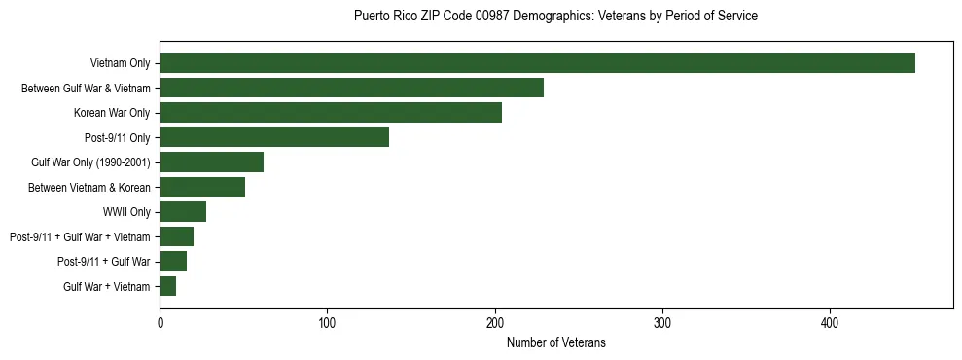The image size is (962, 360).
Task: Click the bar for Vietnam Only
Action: [x=537, y=63]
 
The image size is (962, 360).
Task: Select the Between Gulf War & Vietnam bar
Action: [x=351, y=88]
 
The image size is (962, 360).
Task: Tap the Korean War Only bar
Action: [x=331, y=113]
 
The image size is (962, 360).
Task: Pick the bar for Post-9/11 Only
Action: [x=274, y=137]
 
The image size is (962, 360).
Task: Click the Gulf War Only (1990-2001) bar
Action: [x=211, y=162]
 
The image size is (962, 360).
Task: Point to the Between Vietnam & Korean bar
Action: [x=202, y=187]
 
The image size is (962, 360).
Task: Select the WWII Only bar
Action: [x=183, y=212]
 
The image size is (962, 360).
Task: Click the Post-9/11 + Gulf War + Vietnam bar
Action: [x=176, y=236]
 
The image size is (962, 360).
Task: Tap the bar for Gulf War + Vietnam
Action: [x=167, y=286]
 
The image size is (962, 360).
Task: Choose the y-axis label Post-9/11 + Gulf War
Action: [x=104, y=262]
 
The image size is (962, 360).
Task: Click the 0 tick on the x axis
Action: [x=160, y=323]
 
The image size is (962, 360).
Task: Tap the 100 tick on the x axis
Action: [x=327, y=323]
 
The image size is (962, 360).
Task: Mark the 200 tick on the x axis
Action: [x=495, y=323]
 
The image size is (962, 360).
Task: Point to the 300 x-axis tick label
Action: [x=662, y=323]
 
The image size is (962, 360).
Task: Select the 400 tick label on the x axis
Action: [x=830, y=323]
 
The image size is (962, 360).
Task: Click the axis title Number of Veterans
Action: [x=555, y=342]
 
